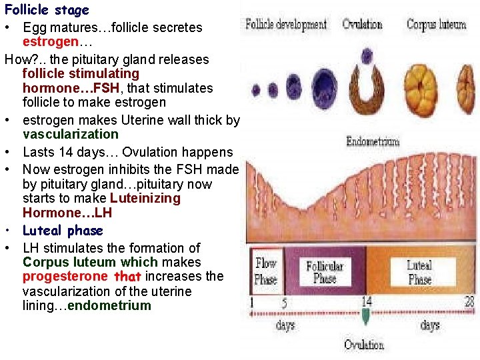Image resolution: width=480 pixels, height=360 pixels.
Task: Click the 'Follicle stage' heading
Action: coord(47,11)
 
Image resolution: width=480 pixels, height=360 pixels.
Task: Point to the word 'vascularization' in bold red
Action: coord(70,134)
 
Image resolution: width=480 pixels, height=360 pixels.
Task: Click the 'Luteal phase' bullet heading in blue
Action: coord(63,231)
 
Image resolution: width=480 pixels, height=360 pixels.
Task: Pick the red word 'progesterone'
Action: coord(65,276)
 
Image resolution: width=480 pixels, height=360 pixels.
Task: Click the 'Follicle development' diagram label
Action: coord(286,25)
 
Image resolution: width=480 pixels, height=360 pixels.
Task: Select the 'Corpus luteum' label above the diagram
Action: coord(436,25)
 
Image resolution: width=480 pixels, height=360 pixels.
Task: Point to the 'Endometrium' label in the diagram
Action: coord(373,141)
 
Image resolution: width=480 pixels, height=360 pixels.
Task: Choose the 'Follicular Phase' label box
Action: coord(325,271)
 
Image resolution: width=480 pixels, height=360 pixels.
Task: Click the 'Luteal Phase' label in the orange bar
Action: coord(419,273)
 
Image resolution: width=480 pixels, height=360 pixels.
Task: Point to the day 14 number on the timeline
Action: coord(366,301)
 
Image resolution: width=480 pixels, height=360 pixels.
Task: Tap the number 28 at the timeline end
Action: coord(469,301)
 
